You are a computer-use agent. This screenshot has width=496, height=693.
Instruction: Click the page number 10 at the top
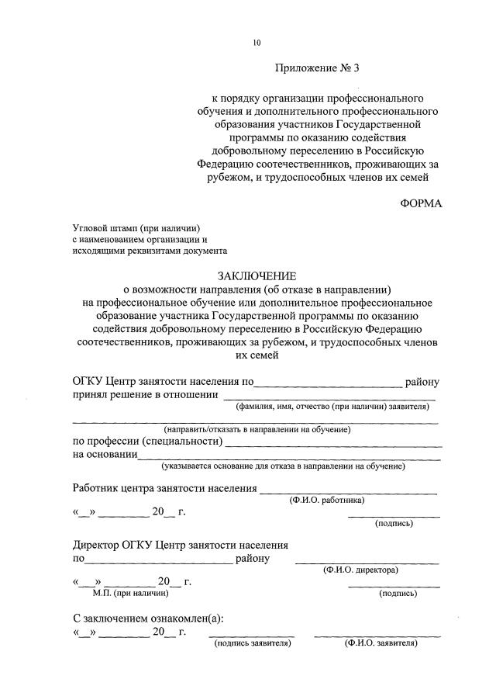257,43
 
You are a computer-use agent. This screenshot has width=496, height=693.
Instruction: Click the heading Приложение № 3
317,68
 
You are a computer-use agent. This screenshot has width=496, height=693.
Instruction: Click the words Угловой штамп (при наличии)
136,227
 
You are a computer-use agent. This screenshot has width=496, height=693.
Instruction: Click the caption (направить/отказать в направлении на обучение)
257,429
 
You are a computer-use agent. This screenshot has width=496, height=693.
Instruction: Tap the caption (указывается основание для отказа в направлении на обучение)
283,466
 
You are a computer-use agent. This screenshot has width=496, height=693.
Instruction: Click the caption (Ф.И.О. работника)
326,501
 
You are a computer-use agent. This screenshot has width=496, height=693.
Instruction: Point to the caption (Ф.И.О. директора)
360,570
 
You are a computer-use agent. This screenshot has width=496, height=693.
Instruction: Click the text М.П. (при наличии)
130,593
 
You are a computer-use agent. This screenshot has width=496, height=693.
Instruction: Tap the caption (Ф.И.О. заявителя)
376,643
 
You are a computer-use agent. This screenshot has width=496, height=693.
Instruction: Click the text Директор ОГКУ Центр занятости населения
181,546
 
